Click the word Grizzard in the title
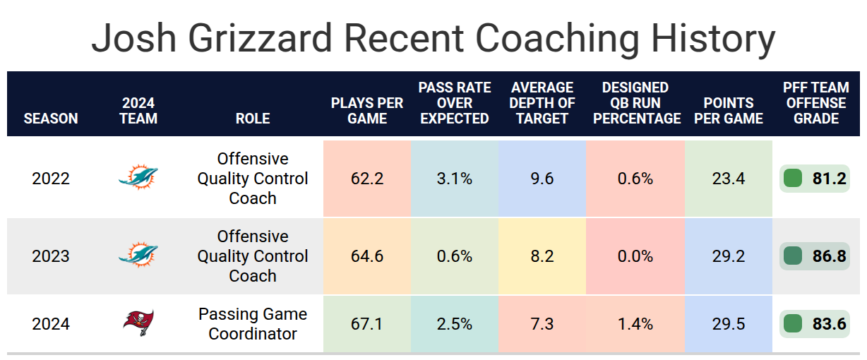click(260, 38)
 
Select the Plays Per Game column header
click(367, 111)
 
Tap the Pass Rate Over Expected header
click(455, 103)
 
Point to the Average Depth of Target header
click(542, 103)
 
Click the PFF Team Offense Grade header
click(816, 103)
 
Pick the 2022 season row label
click(51, 179)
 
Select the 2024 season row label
click(51, 324)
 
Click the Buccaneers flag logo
click(138, 323)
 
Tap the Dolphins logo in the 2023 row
click(138, 255)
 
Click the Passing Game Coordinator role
click(253, 324)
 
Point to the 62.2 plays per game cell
click(367, 179)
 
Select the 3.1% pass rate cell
click(455, 179)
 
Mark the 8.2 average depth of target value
click(542, 256)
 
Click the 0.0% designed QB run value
click(635, 256)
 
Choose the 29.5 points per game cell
click(729, 324)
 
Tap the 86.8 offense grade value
click(829, 256)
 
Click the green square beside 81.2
click(793, 179)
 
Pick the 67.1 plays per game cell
click(367, 324)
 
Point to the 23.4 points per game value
click(729, 179)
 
